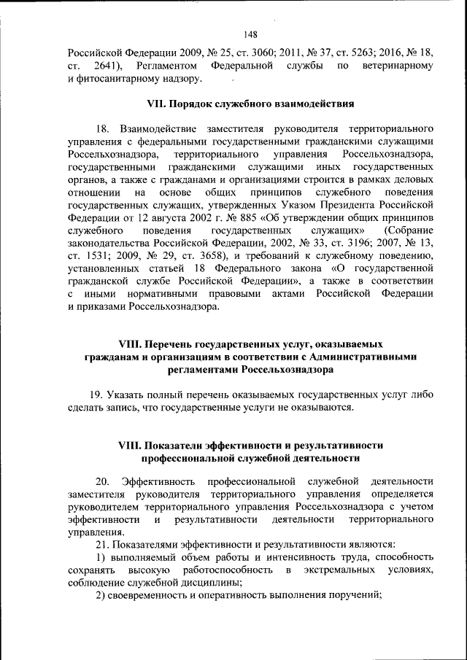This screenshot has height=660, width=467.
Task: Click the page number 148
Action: (x=250, y=34)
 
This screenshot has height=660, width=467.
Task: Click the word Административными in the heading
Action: (x=363, y=356)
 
